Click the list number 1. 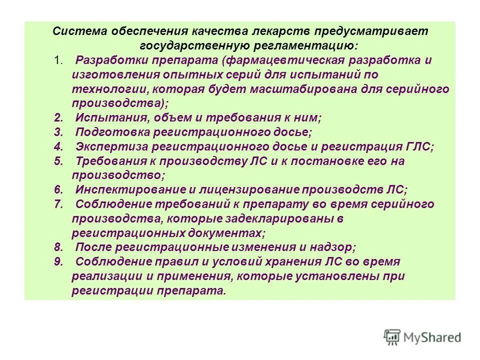tap(59, 60)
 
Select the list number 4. tap(58, 147)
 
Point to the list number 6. tap(58, 190)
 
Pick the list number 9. tap(58, 262)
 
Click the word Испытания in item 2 tap(107, 118)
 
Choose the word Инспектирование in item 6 tap(124, 190)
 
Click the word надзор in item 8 tap(334, 247)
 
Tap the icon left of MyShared tap(392, 336)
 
